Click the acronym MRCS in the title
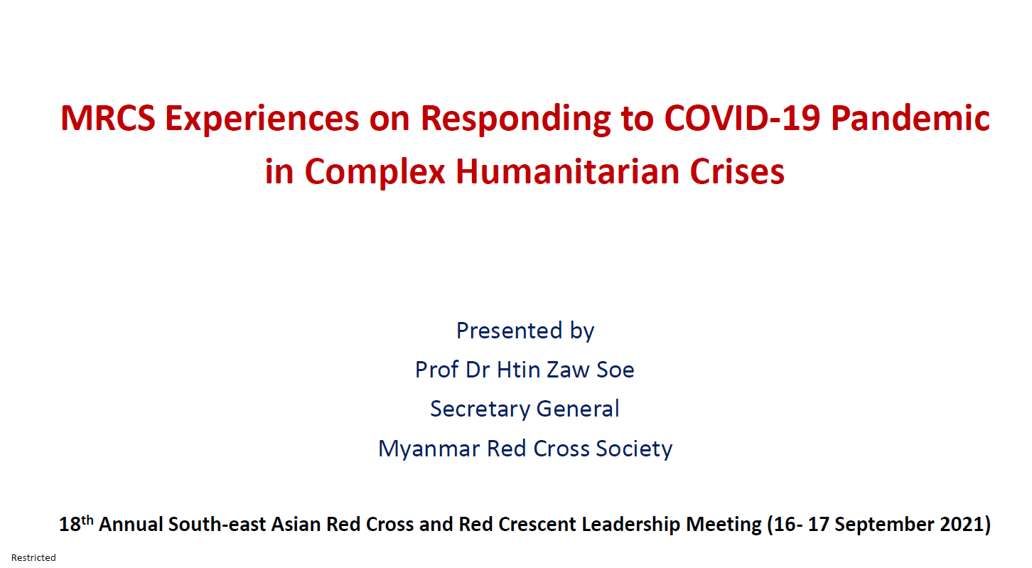(108, 118)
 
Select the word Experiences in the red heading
(262, 119)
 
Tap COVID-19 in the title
(742, 118)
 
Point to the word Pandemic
(910, 118)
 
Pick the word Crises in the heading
(737, 171)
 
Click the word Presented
(509, 331)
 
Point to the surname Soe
(616, 370)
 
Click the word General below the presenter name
(578, 409)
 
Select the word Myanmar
(429, 449)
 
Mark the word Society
(634, 449)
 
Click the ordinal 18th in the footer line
(76, 523)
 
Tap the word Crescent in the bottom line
(537, 524)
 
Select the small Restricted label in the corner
(33, 557)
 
